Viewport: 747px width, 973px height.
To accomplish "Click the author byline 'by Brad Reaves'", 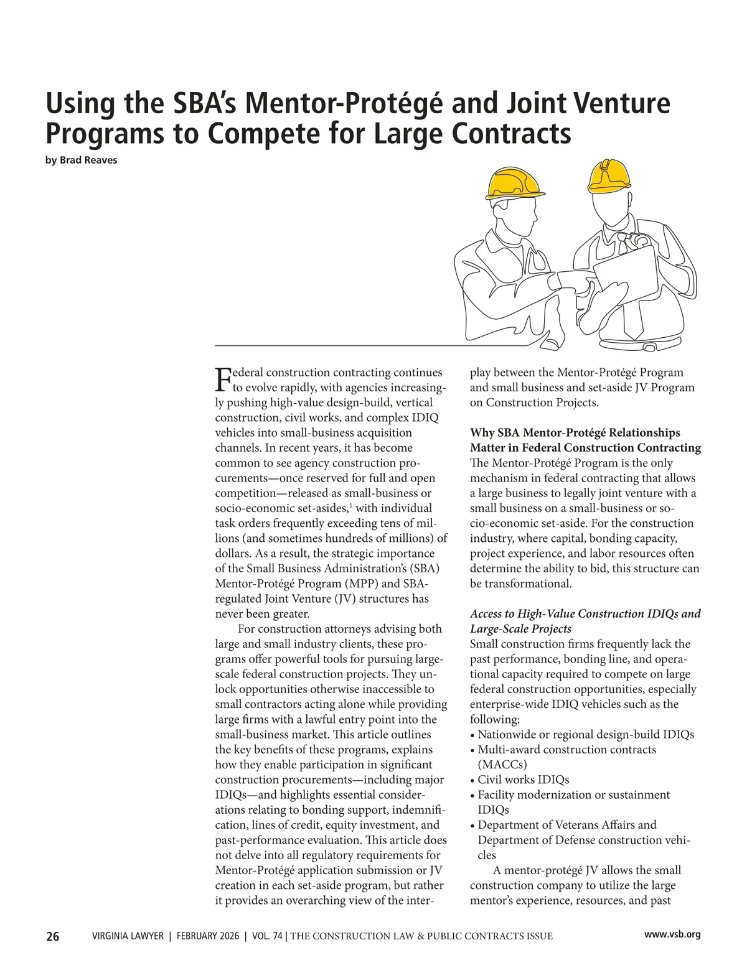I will pos(82,160).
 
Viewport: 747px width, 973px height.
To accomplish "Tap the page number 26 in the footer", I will pos(53,936).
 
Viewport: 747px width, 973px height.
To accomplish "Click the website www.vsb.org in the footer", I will pos(672,934).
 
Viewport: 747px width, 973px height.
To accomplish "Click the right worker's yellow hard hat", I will pos(608,174).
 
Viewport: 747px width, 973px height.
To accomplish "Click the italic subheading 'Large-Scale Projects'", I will pos(520,629).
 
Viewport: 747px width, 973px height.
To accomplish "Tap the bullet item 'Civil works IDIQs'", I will pos(523,780).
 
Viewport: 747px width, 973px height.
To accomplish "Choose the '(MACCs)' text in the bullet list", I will pos(502,765).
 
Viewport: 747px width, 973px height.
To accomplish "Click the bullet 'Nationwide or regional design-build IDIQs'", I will pos(585,735).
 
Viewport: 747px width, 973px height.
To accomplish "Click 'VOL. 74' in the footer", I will pos(267,936).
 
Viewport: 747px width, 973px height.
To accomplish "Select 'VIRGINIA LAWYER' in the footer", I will pos(128,936).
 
